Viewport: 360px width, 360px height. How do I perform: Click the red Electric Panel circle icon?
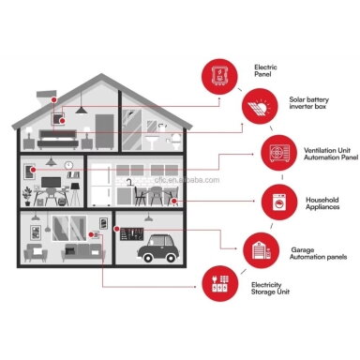click(x=219, y=76)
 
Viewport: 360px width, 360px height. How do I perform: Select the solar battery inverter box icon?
click(x=260, y=106)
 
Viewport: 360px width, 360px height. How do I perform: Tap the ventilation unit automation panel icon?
click(x=279, y=153)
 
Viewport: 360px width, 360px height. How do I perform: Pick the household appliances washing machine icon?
click(x=279, y=202)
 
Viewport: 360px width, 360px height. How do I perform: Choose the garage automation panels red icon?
click(x=262, y=250)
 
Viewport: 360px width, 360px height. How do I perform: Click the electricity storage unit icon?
click(x=220, y=283)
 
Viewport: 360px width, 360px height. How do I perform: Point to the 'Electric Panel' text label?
click(x=265, y=70)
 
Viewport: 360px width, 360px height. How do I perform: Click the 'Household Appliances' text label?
click(x=322, y=203)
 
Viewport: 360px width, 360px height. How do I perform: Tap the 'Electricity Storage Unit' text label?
click(x=270, y=288)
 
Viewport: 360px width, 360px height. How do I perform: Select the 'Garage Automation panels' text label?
click(x=318, y=253)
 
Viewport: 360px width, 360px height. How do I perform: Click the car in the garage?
click(x=158, y=248)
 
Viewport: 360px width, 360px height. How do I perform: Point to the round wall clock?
click(x=68, y=165)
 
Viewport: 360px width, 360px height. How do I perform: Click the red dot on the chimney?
click(x=53, y=100)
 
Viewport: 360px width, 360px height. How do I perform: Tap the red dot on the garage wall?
click(x=116, y=229)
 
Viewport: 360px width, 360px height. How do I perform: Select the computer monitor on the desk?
click(x=51, y=183)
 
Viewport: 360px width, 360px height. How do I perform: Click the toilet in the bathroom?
click(x=176, y=142)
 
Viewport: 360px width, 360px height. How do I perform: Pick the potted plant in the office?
click(x=27, y=196)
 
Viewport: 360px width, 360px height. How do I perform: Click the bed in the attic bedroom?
click(x=58, y=139)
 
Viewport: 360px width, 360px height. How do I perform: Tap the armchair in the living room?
click(x=36, y=253)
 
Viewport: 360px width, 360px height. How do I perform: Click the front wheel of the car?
click(x=147, y=258)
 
